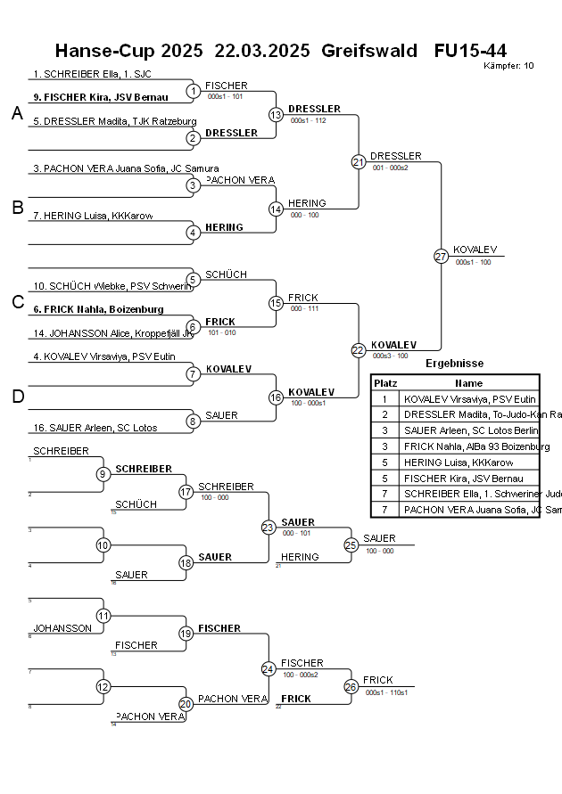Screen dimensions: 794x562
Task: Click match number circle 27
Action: [x=441, y=256]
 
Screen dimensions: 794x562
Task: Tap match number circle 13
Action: [x=276, y=115]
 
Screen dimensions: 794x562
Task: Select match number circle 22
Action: [x=358, y=350]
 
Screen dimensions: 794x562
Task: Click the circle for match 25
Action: [x=351, y=544]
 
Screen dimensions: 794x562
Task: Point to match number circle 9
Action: [x=103, y=473]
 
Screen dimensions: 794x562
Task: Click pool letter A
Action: [x=17, y=113]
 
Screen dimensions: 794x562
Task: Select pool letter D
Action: [x=17, y=397]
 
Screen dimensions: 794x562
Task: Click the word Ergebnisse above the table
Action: [x=454, y=364]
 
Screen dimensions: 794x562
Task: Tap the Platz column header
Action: [x=385, y=382]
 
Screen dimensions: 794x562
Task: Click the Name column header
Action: [x=468, y=382]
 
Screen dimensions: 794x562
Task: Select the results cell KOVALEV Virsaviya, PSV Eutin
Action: [x=469, y=399]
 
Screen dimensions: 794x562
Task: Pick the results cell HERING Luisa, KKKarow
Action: [x=458, y=462]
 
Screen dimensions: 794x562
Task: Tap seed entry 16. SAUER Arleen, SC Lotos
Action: [x=95, y=428]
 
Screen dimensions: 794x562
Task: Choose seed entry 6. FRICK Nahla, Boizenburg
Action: [x=98, y=309]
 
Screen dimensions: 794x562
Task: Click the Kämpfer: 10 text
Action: [x=508, y=65]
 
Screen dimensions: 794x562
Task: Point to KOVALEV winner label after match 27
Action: [x=475, y=250]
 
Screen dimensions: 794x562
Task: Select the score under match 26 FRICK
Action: [x=386, y=692]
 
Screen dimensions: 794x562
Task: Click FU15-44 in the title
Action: [x=470, y=50]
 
